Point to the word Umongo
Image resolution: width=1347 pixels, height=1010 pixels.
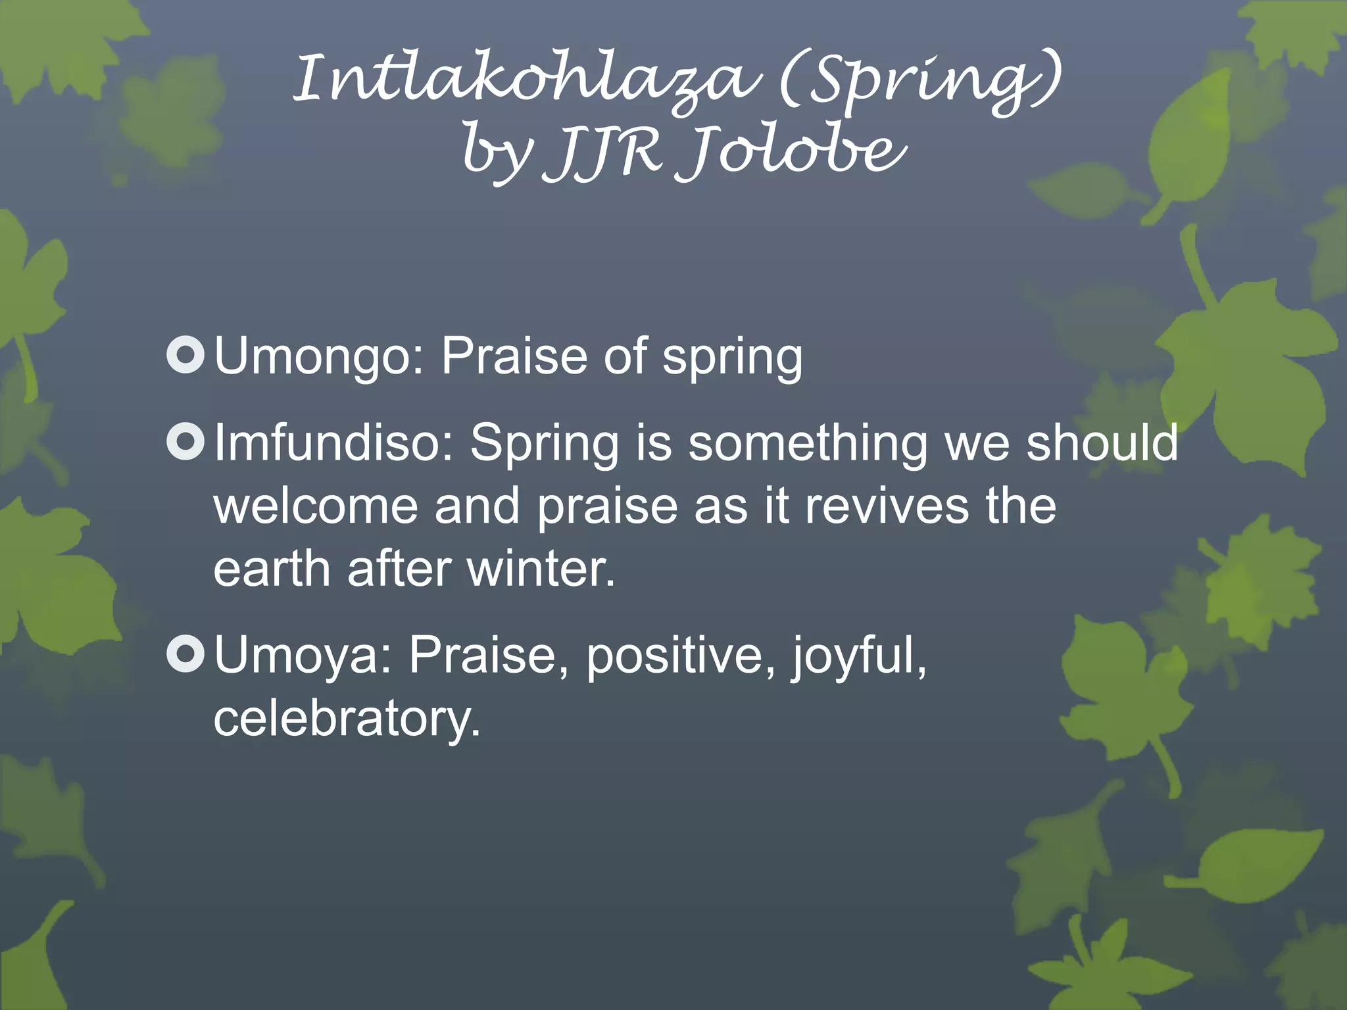pos(320,356)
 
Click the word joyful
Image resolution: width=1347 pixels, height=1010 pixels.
pos(858,656)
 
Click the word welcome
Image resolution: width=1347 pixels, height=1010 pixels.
pos(316,506)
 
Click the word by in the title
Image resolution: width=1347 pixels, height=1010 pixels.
pos(497,155)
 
